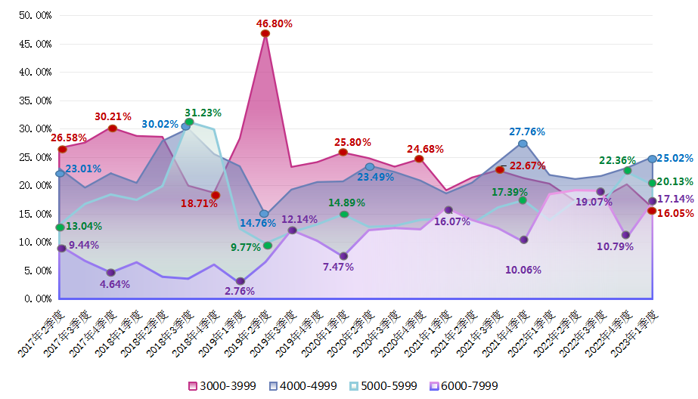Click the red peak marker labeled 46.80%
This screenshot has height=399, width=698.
[265, 33]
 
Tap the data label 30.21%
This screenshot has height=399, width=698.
[113, 116]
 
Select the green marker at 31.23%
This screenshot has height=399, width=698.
[189, 122]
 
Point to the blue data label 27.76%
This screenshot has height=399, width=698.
[527, 131]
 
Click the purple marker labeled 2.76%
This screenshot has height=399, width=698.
[240, 282]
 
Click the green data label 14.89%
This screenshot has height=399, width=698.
[346, 203]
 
